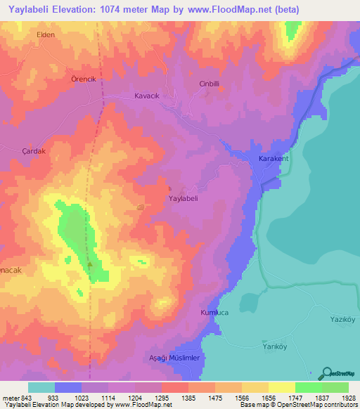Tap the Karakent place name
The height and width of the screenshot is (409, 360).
274,159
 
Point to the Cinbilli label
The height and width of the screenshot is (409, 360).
210,84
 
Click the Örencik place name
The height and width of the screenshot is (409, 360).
83,79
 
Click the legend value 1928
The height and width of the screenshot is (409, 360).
347,398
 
